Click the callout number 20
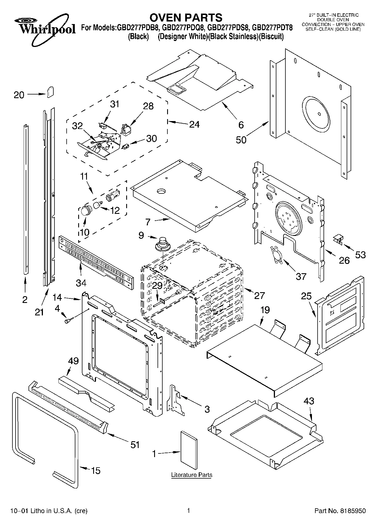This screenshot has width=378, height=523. click(x=19, y=95)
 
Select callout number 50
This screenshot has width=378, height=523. click(x=241, y=140)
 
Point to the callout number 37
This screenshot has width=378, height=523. click(x=301, y=276)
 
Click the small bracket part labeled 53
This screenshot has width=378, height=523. click(x=338, y=239)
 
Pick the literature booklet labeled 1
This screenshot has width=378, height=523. click(x=189, y=450)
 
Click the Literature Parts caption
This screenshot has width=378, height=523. click(x=192, y=475)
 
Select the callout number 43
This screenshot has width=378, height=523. click(x=309, y=401)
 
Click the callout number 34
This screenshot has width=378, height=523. click(x=81, y=282)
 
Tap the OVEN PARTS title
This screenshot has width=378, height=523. click(x=186, y=18)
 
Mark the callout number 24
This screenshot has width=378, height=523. click(x=194, y=124)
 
